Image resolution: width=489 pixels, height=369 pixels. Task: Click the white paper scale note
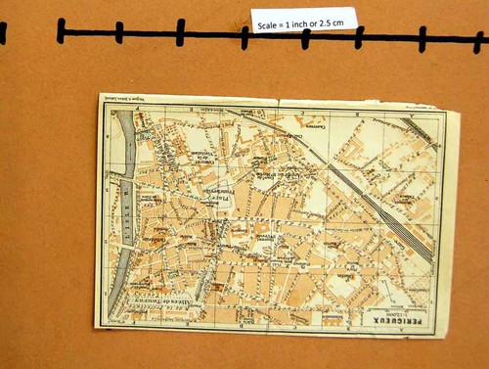point(302,19)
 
